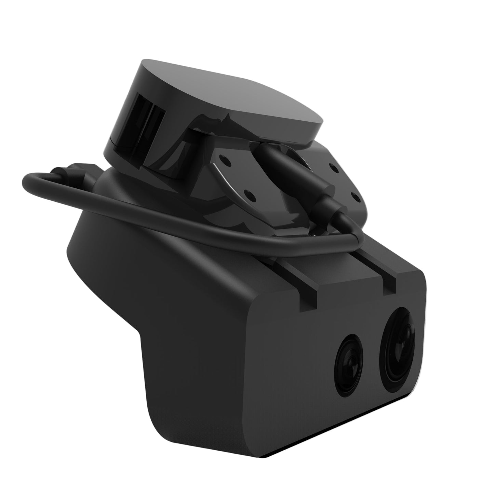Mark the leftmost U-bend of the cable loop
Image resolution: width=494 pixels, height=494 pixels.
click(27, 183)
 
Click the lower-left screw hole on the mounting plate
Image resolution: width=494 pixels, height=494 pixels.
click(250, 195)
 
